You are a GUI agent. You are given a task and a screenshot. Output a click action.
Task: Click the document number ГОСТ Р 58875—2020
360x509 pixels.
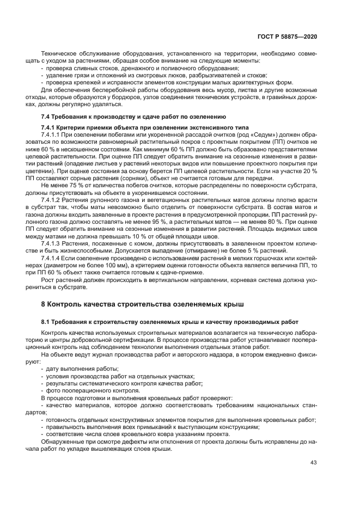coord(288,36)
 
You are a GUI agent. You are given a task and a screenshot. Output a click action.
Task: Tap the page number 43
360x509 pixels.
coord(314,463)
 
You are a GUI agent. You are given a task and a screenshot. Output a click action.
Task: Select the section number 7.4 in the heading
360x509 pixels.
coord(46,117)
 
